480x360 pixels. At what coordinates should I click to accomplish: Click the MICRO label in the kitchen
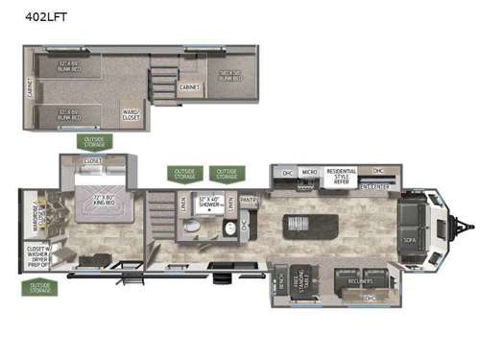[309, 173]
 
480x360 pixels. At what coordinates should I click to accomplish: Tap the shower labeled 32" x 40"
[208, 205]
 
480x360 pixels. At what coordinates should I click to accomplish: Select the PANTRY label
[250, 201]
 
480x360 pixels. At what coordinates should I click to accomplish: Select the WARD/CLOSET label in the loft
[130, 114]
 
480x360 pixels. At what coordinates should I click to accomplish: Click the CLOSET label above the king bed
[93, 161]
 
